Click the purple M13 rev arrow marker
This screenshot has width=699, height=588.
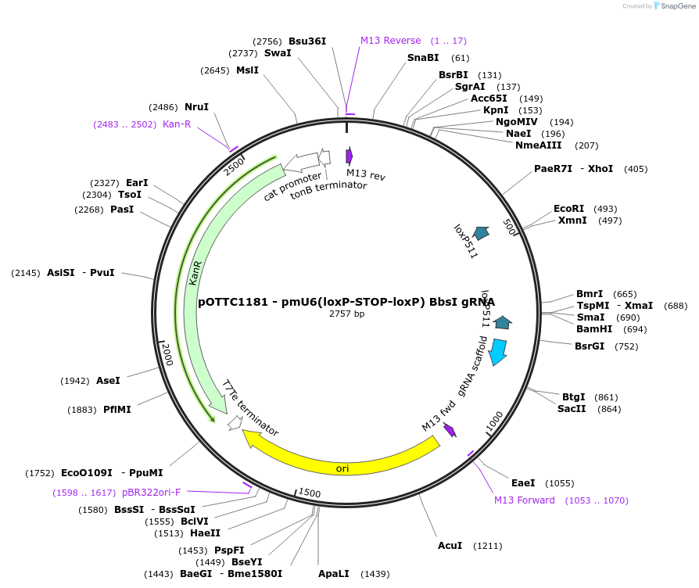pos(349,156)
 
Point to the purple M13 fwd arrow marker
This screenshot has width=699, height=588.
pos(450,430)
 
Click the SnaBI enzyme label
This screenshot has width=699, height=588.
pos(423,58)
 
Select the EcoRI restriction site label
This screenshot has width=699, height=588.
pos(568,209)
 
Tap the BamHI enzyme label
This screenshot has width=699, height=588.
pos(594,329)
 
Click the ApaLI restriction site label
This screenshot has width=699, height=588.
pos(334,574)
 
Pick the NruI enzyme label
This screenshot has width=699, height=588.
pos(196,107)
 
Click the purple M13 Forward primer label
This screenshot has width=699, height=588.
pos(525,500)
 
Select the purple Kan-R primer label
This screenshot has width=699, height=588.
pos(177,124)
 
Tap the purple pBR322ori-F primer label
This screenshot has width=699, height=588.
pos(151,493)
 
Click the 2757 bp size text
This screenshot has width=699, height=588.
pos(346,314)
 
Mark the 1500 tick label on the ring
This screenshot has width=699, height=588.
pos(310,493)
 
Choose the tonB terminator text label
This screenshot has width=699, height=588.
pos(328,191)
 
